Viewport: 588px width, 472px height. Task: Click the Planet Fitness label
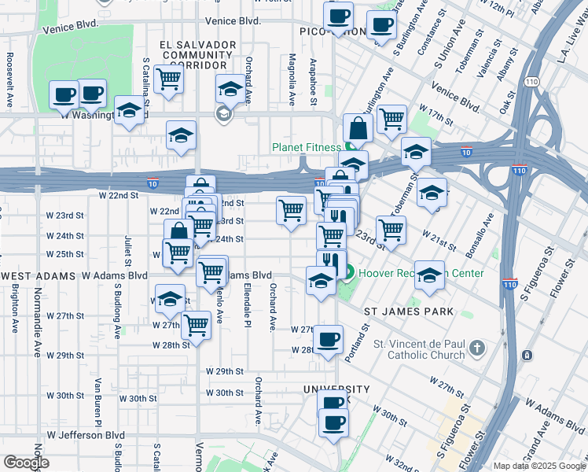307,147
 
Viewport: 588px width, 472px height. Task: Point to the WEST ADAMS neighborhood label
39,276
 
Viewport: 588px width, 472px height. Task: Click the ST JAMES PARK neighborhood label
410,312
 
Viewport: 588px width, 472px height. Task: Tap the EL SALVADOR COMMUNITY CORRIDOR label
197,55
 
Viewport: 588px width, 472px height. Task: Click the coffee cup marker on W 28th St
328,340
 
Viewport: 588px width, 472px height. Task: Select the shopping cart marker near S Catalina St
168,79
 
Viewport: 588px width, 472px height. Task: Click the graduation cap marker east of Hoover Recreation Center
429,275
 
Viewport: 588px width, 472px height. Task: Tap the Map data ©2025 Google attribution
540,466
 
